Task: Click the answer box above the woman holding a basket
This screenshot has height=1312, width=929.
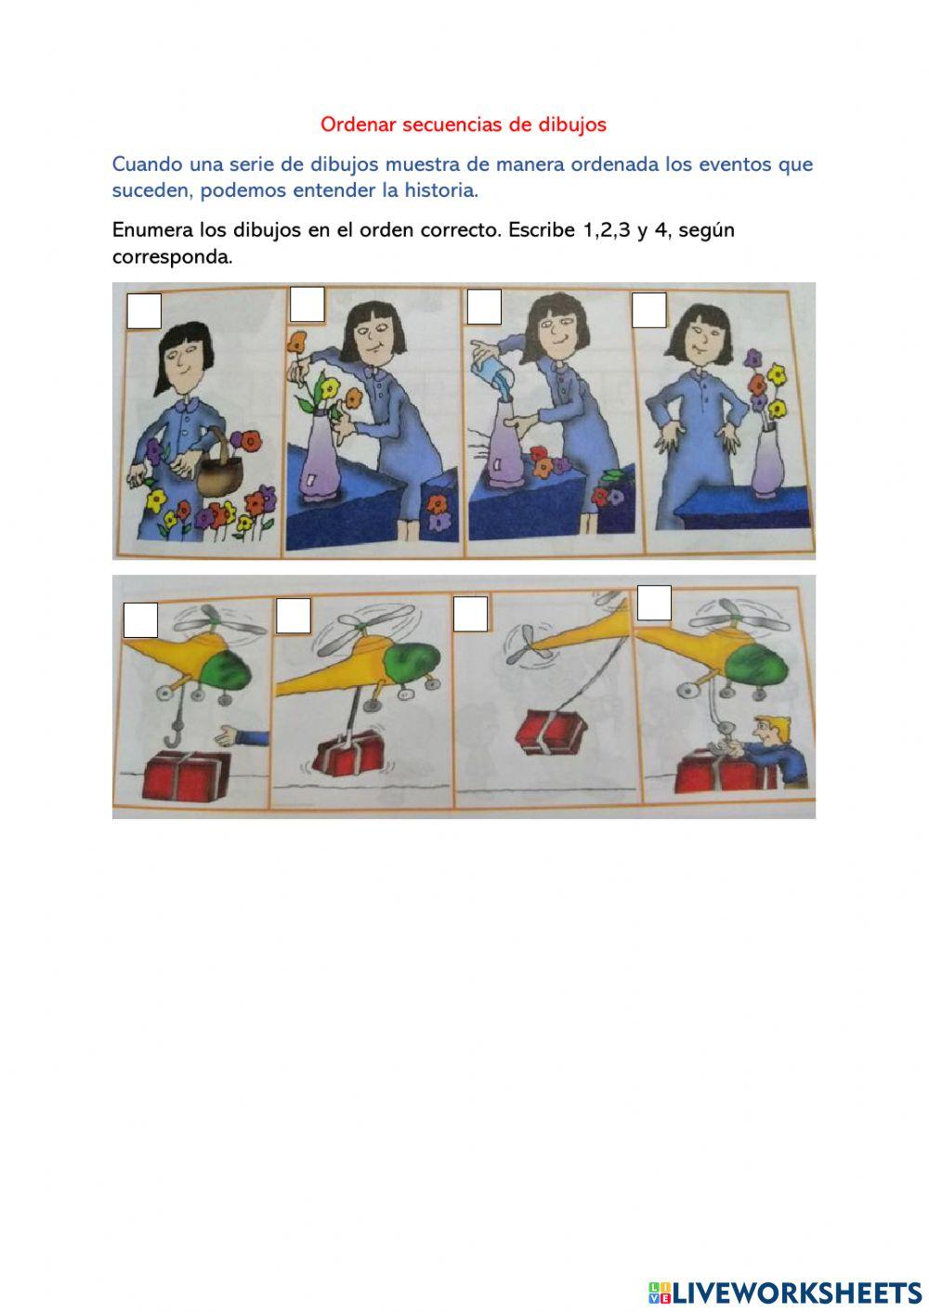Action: [144, 312]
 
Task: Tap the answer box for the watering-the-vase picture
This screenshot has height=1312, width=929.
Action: [484, 307]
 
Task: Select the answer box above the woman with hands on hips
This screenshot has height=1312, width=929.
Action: [648, 310]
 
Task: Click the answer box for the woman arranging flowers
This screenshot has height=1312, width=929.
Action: [307, 305]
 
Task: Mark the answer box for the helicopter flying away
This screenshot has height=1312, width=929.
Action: [470, 614]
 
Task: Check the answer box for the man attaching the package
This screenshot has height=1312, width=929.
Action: [654, 604]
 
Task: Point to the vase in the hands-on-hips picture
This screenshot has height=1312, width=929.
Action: [767, 460]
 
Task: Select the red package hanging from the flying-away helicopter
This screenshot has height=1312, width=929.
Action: [552, 731]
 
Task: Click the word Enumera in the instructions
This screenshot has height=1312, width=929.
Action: [153, 229]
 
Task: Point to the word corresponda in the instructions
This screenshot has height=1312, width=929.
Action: [172, 257]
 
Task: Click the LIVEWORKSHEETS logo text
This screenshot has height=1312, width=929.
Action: [796, 1292]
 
